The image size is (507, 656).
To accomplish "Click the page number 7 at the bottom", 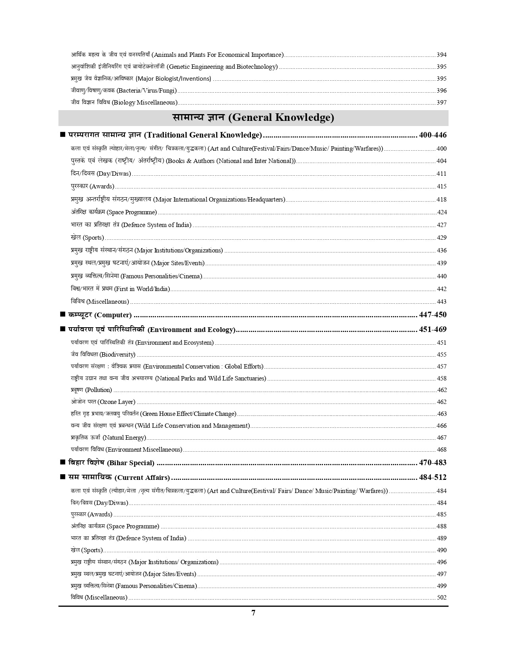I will [253, 613].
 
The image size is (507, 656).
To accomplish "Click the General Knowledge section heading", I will [253, 118].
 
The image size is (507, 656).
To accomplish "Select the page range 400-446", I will [433, 135].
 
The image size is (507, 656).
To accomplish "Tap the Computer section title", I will [100, 315].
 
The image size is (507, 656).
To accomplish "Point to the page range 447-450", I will [433, 315].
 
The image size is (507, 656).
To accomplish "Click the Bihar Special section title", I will [111, 463].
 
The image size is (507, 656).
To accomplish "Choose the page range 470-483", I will [433, 463].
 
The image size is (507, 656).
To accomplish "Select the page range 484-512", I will [433, 477].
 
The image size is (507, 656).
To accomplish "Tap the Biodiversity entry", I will [103, 354].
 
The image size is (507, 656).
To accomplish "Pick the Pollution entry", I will [91, 390].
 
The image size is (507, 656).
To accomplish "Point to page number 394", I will [441, 55].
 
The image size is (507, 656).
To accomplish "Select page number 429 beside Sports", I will [441, 238].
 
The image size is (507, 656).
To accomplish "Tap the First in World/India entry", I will [120, 289].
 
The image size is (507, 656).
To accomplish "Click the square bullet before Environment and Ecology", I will [62, 329].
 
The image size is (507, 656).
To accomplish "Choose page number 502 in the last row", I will [441, 598].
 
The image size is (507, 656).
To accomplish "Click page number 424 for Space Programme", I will [441, 212].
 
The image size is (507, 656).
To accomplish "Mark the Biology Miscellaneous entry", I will [124, 103].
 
